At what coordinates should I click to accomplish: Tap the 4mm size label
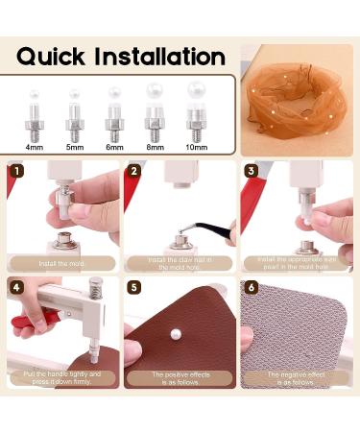[x=35, y=148]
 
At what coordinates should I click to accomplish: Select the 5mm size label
[x=73, y=148]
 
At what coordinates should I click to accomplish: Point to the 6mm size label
[x=114, y=148]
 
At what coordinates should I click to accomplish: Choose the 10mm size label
[x=197, y=148]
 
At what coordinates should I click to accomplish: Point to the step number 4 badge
[x=15, y=287]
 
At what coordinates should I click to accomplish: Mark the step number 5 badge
[x=133, y=287]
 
